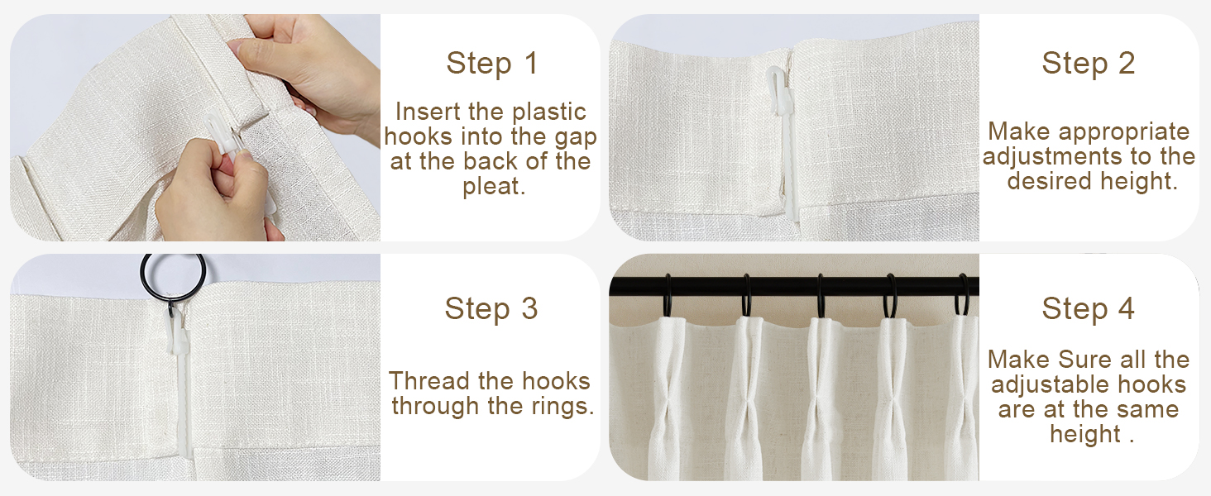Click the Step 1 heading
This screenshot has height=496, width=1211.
click(x=491, y=64)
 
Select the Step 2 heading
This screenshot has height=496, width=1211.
click(x=1088, y=64)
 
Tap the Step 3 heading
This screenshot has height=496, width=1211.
click(x=491, y=308)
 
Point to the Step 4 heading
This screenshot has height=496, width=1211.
click(x=1088, y=308)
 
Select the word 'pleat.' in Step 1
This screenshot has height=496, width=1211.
click(x=494, y=186)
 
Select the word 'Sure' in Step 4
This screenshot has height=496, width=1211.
click(x=1086, y=360)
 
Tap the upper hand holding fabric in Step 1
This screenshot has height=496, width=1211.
click(x=306, y=66)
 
